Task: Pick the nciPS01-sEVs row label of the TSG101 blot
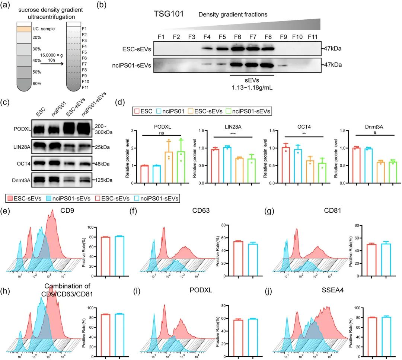click(131, 65)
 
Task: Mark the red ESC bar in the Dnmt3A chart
click(356, 165)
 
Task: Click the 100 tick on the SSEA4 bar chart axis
click(352, 308)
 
